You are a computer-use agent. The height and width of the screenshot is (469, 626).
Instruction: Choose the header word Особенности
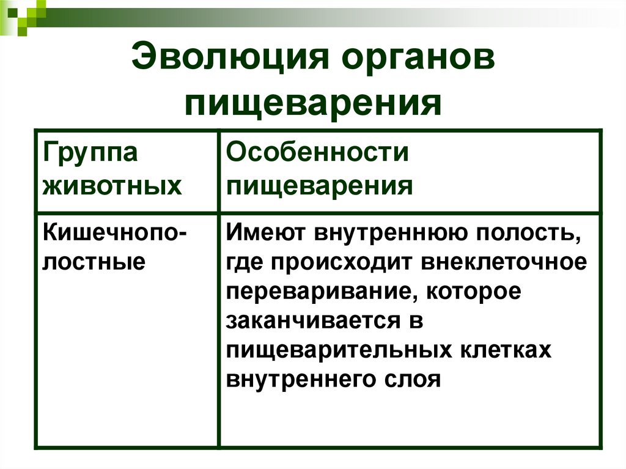tap(317, 153)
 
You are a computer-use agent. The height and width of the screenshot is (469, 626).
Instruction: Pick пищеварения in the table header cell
tap(320, 185)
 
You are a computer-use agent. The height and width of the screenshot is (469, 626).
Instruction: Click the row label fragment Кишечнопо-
tap(114, 233)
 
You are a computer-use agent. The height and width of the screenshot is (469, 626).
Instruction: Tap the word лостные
tap(93, 262)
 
